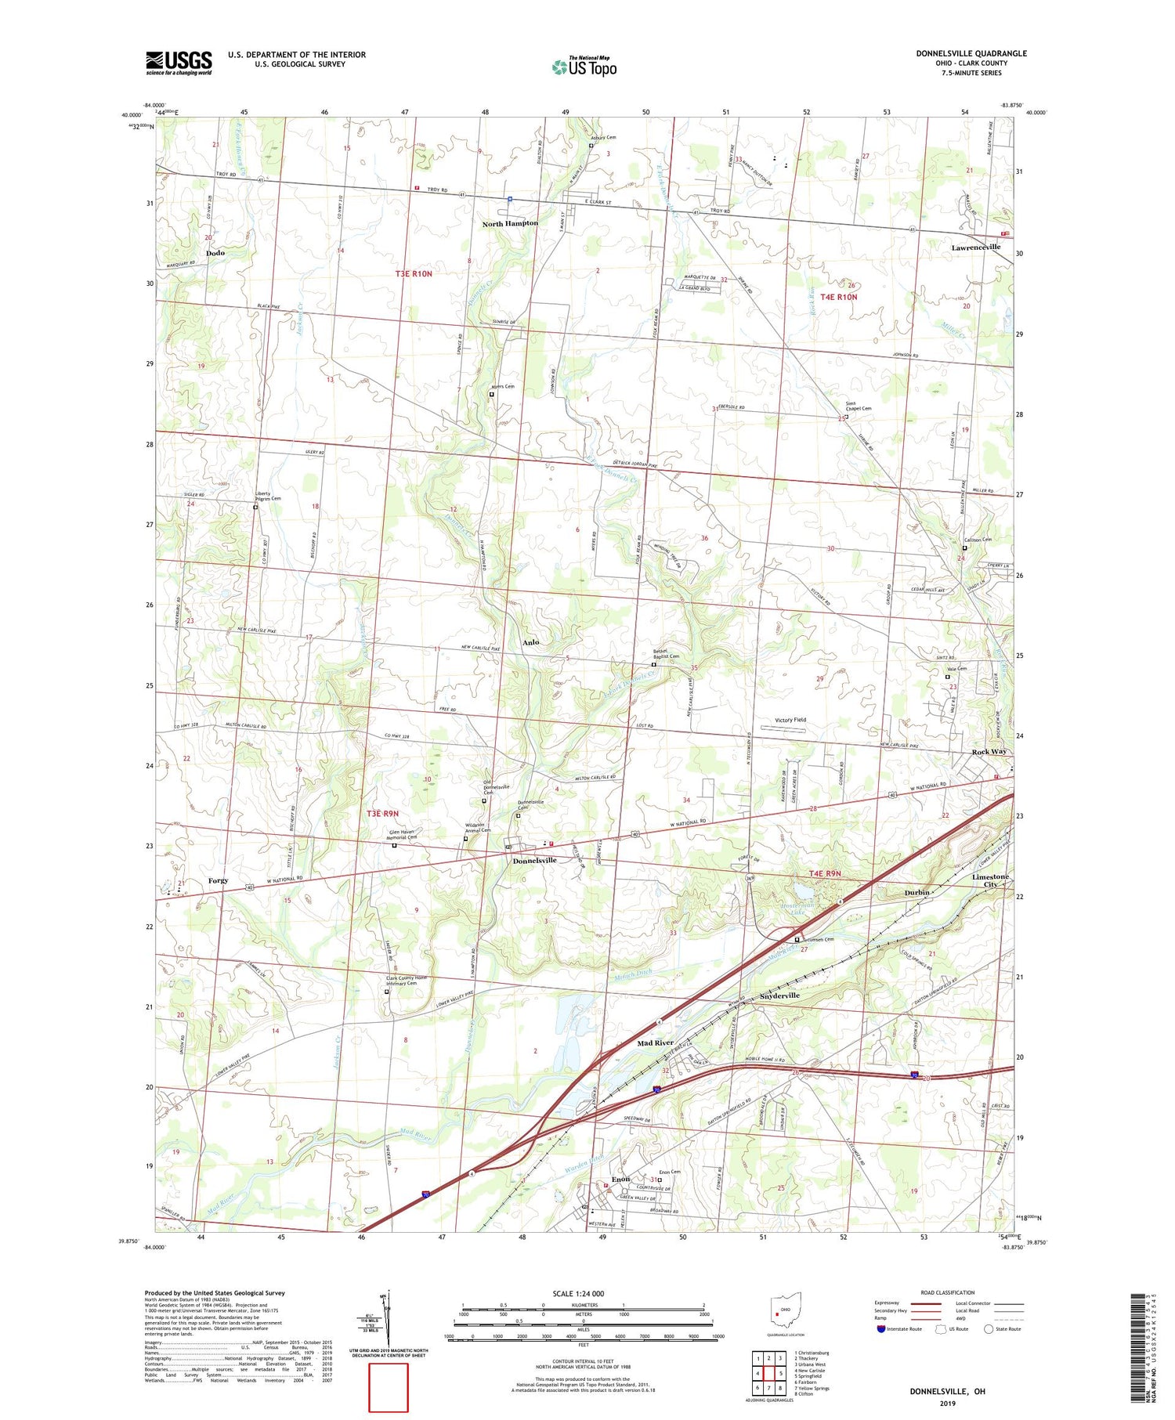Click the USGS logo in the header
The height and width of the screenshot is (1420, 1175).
click(179, 63)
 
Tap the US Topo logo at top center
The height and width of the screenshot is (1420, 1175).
click(584, 67)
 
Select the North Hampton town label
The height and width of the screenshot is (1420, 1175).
click(510, 223)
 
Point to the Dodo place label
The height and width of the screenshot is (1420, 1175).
click(215, 253)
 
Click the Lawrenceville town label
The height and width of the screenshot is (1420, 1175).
click(975, 247)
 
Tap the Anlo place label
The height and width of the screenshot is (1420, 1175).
click(530, 642)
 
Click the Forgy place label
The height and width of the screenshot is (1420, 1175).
click(218, 880)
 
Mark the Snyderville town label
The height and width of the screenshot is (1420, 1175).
click(779, 995)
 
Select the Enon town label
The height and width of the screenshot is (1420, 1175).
click(620, 1179)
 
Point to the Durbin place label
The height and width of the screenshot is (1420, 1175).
click(916, 892)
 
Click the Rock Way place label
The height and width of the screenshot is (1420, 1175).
click(989, 751)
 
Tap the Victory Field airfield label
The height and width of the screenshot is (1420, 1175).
click(790, 720)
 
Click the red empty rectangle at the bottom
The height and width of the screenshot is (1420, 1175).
click(389, 1386)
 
